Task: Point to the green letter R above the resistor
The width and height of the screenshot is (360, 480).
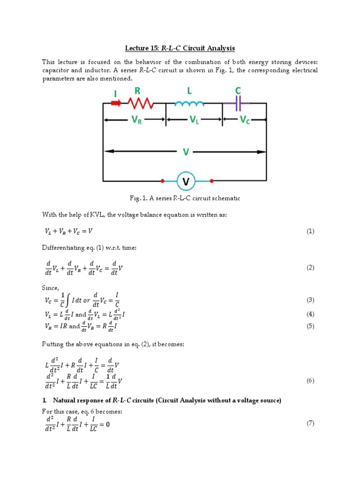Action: point(137,90)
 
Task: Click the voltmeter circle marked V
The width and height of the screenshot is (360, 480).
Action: point(186,181)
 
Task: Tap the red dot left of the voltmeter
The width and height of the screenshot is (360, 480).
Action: point(162,181)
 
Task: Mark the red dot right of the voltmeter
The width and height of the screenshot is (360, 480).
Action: point(212,181)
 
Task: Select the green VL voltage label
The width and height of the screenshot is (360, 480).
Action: point(194,120)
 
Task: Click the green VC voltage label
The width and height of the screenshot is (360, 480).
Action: point(245,120)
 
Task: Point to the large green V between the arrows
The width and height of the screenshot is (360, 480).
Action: point(186,152)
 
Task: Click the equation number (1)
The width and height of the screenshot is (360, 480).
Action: point(310,231)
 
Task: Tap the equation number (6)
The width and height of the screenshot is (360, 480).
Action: point(310,381)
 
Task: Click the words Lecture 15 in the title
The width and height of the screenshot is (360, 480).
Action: point(142,48)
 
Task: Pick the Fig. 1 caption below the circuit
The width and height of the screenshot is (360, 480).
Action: point(180,198)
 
